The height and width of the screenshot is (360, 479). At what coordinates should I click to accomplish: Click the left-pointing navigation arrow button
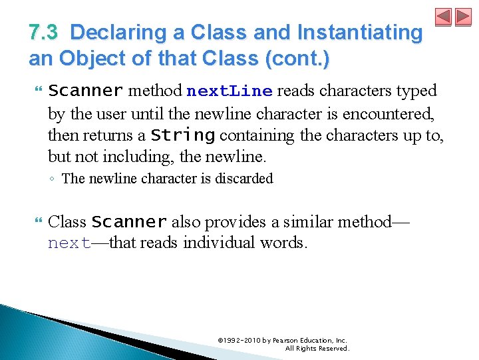pyautogui.click(x=444, y=17)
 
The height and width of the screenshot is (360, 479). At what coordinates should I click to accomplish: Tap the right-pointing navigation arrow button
pyautogui.click(x=462, y=17)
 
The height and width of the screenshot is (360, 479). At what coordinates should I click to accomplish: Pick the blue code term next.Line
pyautogui.click(x=230, y=91)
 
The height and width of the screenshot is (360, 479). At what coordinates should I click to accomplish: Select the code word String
pyautogui.click(x=182, y=135)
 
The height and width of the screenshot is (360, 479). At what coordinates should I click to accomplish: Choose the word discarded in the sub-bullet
pyautogui.click(x=242, y=179)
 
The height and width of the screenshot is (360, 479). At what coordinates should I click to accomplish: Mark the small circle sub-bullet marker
pyautogui.click(x=53, y=179)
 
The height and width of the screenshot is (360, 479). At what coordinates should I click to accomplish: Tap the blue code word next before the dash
pyautogui.click(x=69, y=243)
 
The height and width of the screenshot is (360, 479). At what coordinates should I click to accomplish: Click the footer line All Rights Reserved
pyautogui.click(x=317, y=349)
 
